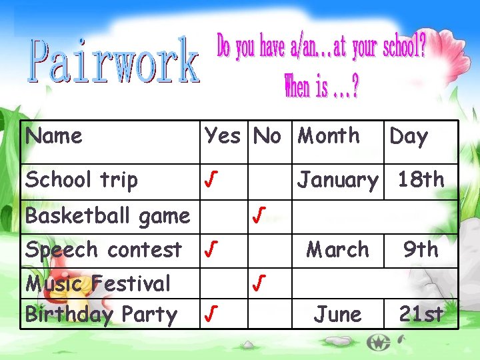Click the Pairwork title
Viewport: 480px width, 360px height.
[x=113, y=61]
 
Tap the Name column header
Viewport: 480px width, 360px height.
[x=54, y=137]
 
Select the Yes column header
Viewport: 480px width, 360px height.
[x=222, y=137]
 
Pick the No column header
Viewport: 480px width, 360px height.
[x=267, y=137]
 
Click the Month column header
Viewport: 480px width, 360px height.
[x=328, y=136]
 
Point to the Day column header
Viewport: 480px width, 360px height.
[x=408, y=137]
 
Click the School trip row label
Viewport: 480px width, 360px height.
[x=81, y=180]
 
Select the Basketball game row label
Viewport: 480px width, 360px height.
[x=107, y=216]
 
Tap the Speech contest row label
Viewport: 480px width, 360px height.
[x=103, y=250]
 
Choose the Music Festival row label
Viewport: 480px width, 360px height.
[x=98, y=284]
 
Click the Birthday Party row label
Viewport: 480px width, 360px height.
[x=101, y=315]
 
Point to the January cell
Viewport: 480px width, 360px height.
[x=337, y=180]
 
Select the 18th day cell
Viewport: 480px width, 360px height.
[x=421, y=179]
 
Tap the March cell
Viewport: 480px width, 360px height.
[x=337, y=250]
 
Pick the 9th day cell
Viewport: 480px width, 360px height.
[x=421, y=250]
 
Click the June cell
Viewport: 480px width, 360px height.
[x=338, y=315]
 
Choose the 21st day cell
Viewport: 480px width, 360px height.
[x=421, y=315]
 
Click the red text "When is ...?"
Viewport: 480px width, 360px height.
[x=321, y=86]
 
